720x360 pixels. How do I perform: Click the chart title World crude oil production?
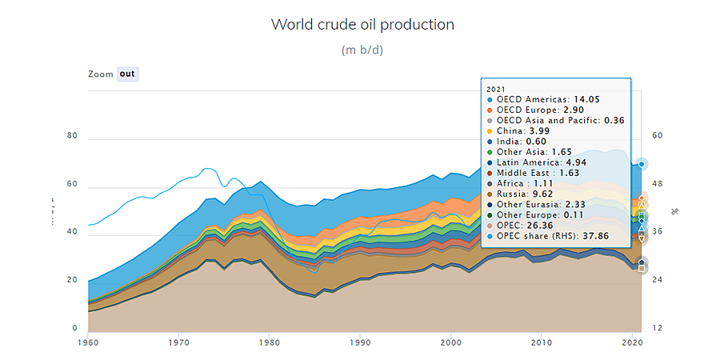coord(362,24)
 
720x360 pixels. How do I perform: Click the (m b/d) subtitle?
coord(362,50)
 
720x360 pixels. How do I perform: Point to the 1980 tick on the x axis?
coord(269,342)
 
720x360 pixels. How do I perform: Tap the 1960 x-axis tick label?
coord(88,342)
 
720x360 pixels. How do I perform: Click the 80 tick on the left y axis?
coord(72,136)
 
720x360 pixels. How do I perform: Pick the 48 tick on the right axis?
coord(657,184)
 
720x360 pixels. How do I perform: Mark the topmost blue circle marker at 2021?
coord(642,164)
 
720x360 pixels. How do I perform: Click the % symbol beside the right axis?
coord(674,212)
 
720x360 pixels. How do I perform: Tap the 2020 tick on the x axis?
coord(632,342)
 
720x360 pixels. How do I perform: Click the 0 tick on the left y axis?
coord(75,328)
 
